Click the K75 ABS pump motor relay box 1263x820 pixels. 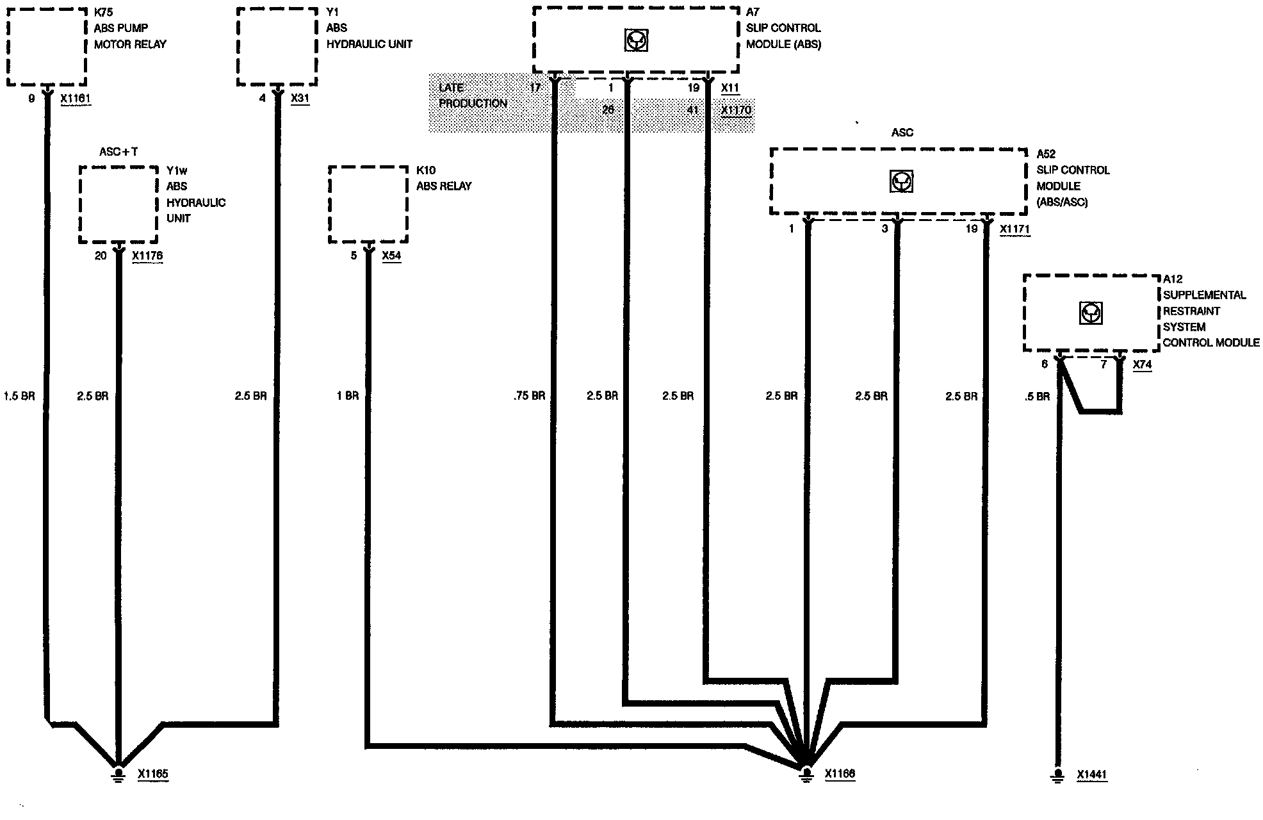pos(47,46)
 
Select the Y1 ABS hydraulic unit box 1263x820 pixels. pos(277,46)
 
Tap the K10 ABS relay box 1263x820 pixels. pos(368,204)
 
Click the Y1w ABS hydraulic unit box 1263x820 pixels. pos(118,204)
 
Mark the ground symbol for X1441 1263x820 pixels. pos(1057,775)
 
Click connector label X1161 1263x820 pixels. pos(76,99)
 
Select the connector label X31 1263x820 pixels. pos(300,99)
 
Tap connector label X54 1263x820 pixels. pos(391,256)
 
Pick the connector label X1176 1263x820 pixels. pos(147,256)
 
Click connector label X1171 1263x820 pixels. pos(1015,229)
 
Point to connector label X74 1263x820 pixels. pos(1142,365)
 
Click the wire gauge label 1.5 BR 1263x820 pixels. pos(19,396)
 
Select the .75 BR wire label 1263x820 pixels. pos(529,396)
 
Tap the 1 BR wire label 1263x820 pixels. pos(348,396)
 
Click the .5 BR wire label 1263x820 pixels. pos(1037,397)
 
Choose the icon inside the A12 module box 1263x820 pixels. pos(1090,313)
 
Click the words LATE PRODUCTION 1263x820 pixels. pos(473,95)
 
